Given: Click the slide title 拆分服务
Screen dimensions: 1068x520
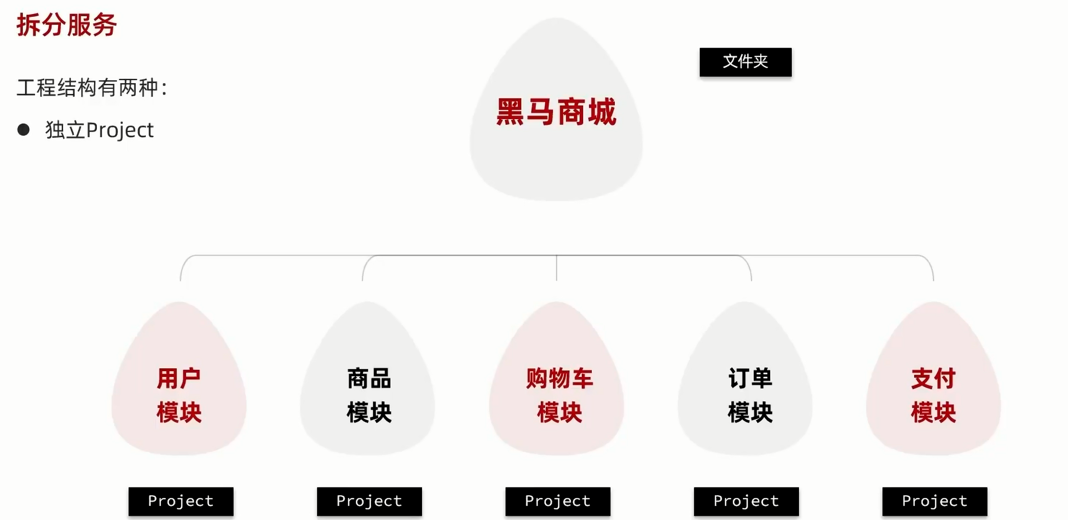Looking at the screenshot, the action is tap(67, 25).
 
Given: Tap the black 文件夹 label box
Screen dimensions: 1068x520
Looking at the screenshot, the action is tap(745, 62).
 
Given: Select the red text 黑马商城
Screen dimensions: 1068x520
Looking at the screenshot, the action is tap(556, 112).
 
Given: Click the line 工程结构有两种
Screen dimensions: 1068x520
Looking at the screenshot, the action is tap(92, 88).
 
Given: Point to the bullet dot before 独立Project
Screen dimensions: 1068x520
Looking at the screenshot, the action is tap(23, 130).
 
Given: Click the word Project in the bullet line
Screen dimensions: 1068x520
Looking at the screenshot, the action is tap(120, 130).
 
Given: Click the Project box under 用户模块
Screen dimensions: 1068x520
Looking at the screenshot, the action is tap(181, 501).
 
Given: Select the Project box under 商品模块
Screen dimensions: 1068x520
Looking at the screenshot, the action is tap(369, 501).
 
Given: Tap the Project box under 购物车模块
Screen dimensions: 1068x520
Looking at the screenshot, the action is tap(558, 501).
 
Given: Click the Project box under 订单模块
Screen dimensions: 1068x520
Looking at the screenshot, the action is tap(746, 501).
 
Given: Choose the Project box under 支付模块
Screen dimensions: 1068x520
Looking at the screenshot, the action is tap(935, 501).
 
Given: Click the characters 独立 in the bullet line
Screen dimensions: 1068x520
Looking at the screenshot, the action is tap(65, 130).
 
